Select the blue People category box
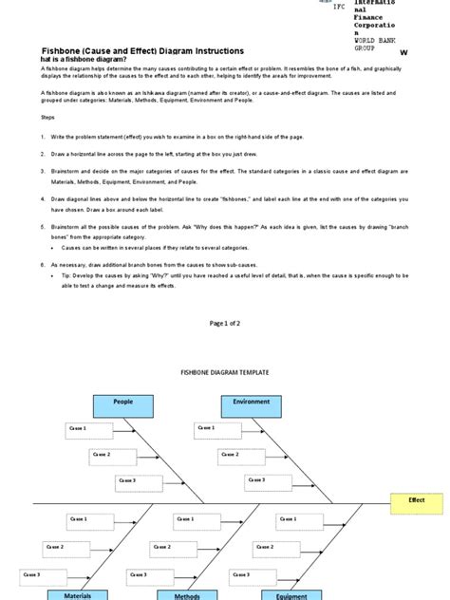click(x=123, y=405)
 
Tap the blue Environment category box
click(x=252, y=405)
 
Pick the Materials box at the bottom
click(x=78, y=594)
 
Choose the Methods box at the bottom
click(x=187, y=595)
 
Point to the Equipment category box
click(x=291, y=595)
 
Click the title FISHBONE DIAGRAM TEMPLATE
click(x=214, y=375)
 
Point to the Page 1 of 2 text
click(x=224, y=324)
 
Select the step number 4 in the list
click(x=43, y=199)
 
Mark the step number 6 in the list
click(x=43, y=261)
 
